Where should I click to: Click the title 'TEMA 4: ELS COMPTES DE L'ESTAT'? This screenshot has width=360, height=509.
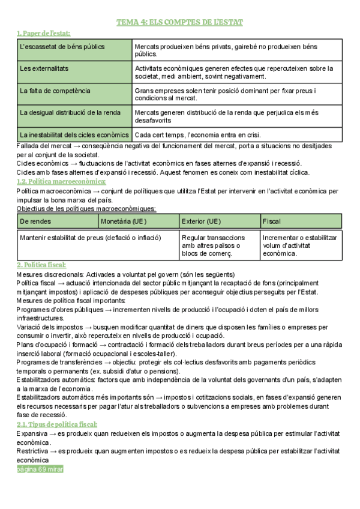tap(179, 22)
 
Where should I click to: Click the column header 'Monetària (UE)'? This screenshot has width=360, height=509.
tap(139, 221)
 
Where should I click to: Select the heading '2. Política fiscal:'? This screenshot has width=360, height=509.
tap(41, 265)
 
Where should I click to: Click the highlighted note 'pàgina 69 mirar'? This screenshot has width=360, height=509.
tap(40, 469)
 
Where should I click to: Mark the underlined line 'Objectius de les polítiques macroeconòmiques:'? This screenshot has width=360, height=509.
tap(86, 209)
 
